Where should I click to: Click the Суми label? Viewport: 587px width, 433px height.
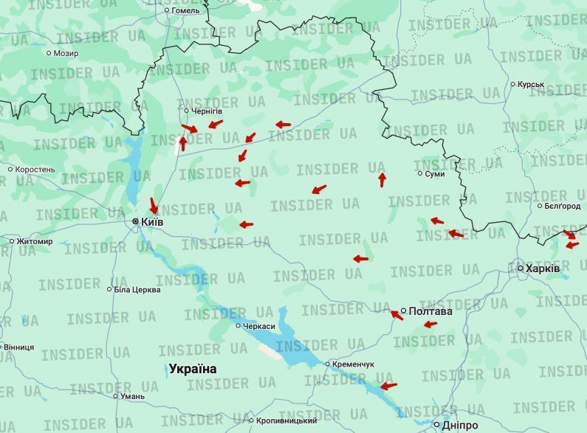click(435, 174)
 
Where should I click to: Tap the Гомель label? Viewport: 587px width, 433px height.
click(185, 11)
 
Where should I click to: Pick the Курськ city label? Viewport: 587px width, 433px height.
click(531, 85)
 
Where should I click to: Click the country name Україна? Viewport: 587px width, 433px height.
click(193, 369)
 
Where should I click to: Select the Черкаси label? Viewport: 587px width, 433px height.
click(260, 326)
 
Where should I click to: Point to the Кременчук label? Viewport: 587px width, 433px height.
click(354, 364)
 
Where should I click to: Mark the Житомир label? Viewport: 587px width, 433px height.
click(35, 241)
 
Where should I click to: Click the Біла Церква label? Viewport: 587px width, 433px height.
click(137, 290)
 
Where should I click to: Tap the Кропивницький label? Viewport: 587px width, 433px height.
click(286, 420)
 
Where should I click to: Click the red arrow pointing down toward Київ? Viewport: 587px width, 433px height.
click(154, 205)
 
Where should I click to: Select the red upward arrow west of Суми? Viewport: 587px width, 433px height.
click(382, 179)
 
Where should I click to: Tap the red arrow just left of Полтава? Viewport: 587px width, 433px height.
click(397, 315)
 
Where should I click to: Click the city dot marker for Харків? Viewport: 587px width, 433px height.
click(521, 269)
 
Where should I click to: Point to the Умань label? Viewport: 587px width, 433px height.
click(133, 396)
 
